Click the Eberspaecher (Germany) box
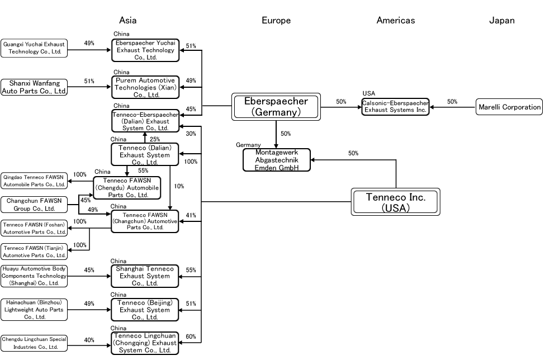(276, 107)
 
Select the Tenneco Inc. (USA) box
(396, 202)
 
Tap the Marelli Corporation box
(509, 107)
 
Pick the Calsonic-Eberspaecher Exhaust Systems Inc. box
(395, 107)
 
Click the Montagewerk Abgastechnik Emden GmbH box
(276, 160)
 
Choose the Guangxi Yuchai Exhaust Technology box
(34, 48)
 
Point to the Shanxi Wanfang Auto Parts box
(34, 87)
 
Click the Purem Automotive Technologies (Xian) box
(145, 87)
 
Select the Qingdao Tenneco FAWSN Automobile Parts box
(34, 180)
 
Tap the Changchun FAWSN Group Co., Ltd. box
(34, 205)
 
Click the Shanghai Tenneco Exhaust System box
(145, 276)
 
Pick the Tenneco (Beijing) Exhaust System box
(145, 310)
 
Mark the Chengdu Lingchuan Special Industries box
(34, 343)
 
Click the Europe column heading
(276, 21)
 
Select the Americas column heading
(395, 21)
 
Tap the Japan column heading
(501, 21)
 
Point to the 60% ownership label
(191, 337)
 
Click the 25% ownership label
(155, 139)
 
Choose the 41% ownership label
(191, 215)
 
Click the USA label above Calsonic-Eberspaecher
(368, 93)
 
